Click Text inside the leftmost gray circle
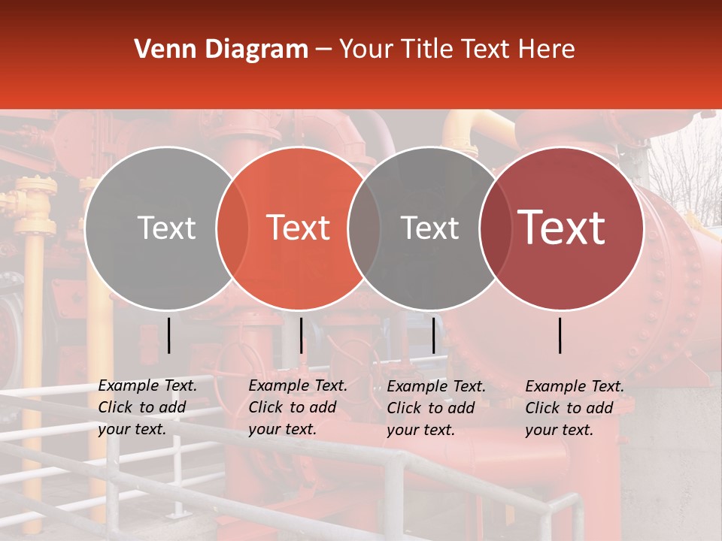pos(166,228)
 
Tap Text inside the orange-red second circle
pos(299,228)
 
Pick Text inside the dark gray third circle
pos(429,228)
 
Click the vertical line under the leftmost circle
pos(169,335)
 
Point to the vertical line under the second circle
pos(301,335)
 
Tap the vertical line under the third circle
pos(434,335)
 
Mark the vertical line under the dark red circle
pos(560,335)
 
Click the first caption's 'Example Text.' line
pos(147,385)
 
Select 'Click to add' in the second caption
pos(292,407)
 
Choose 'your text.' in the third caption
pos(420,430)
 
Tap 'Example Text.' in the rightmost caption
pos(575,386)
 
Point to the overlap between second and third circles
pos(364,228)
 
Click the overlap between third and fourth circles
pos(496,228)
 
